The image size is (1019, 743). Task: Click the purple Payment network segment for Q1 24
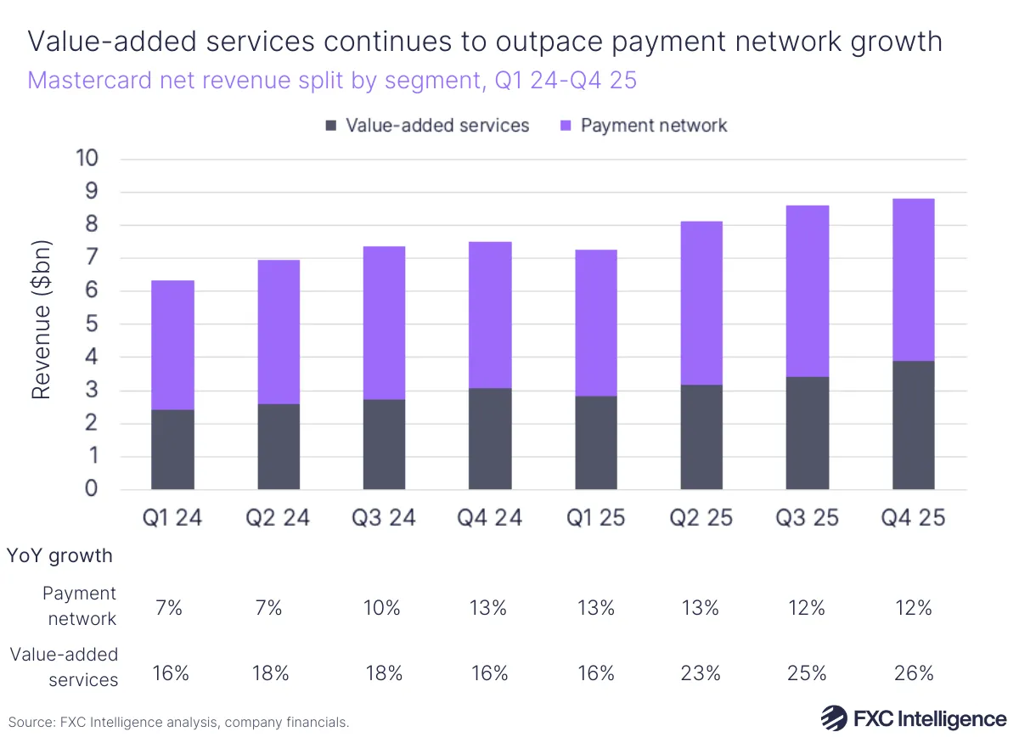(172, 345)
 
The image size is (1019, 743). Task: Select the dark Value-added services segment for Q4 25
(913, 425)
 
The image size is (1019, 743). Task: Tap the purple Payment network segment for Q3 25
(807, 290)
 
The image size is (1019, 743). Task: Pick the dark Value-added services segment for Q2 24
(279, 446)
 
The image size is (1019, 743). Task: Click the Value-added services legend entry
(426, 126)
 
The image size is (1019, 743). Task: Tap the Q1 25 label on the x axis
(595, 518)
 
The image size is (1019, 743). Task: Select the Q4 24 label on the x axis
(490, 518)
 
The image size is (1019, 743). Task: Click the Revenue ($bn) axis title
(42, 320)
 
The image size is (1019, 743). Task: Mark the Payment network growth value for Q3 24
(384, 608)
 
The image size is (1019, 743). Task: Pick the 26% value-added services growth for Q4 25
(913, 673)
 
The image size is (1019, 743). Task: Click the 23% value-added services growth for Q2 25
(701, 673)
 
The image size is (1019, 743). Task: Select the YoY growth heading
(59, 556)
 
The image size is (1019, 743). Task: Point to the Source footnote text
(178, 723)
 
